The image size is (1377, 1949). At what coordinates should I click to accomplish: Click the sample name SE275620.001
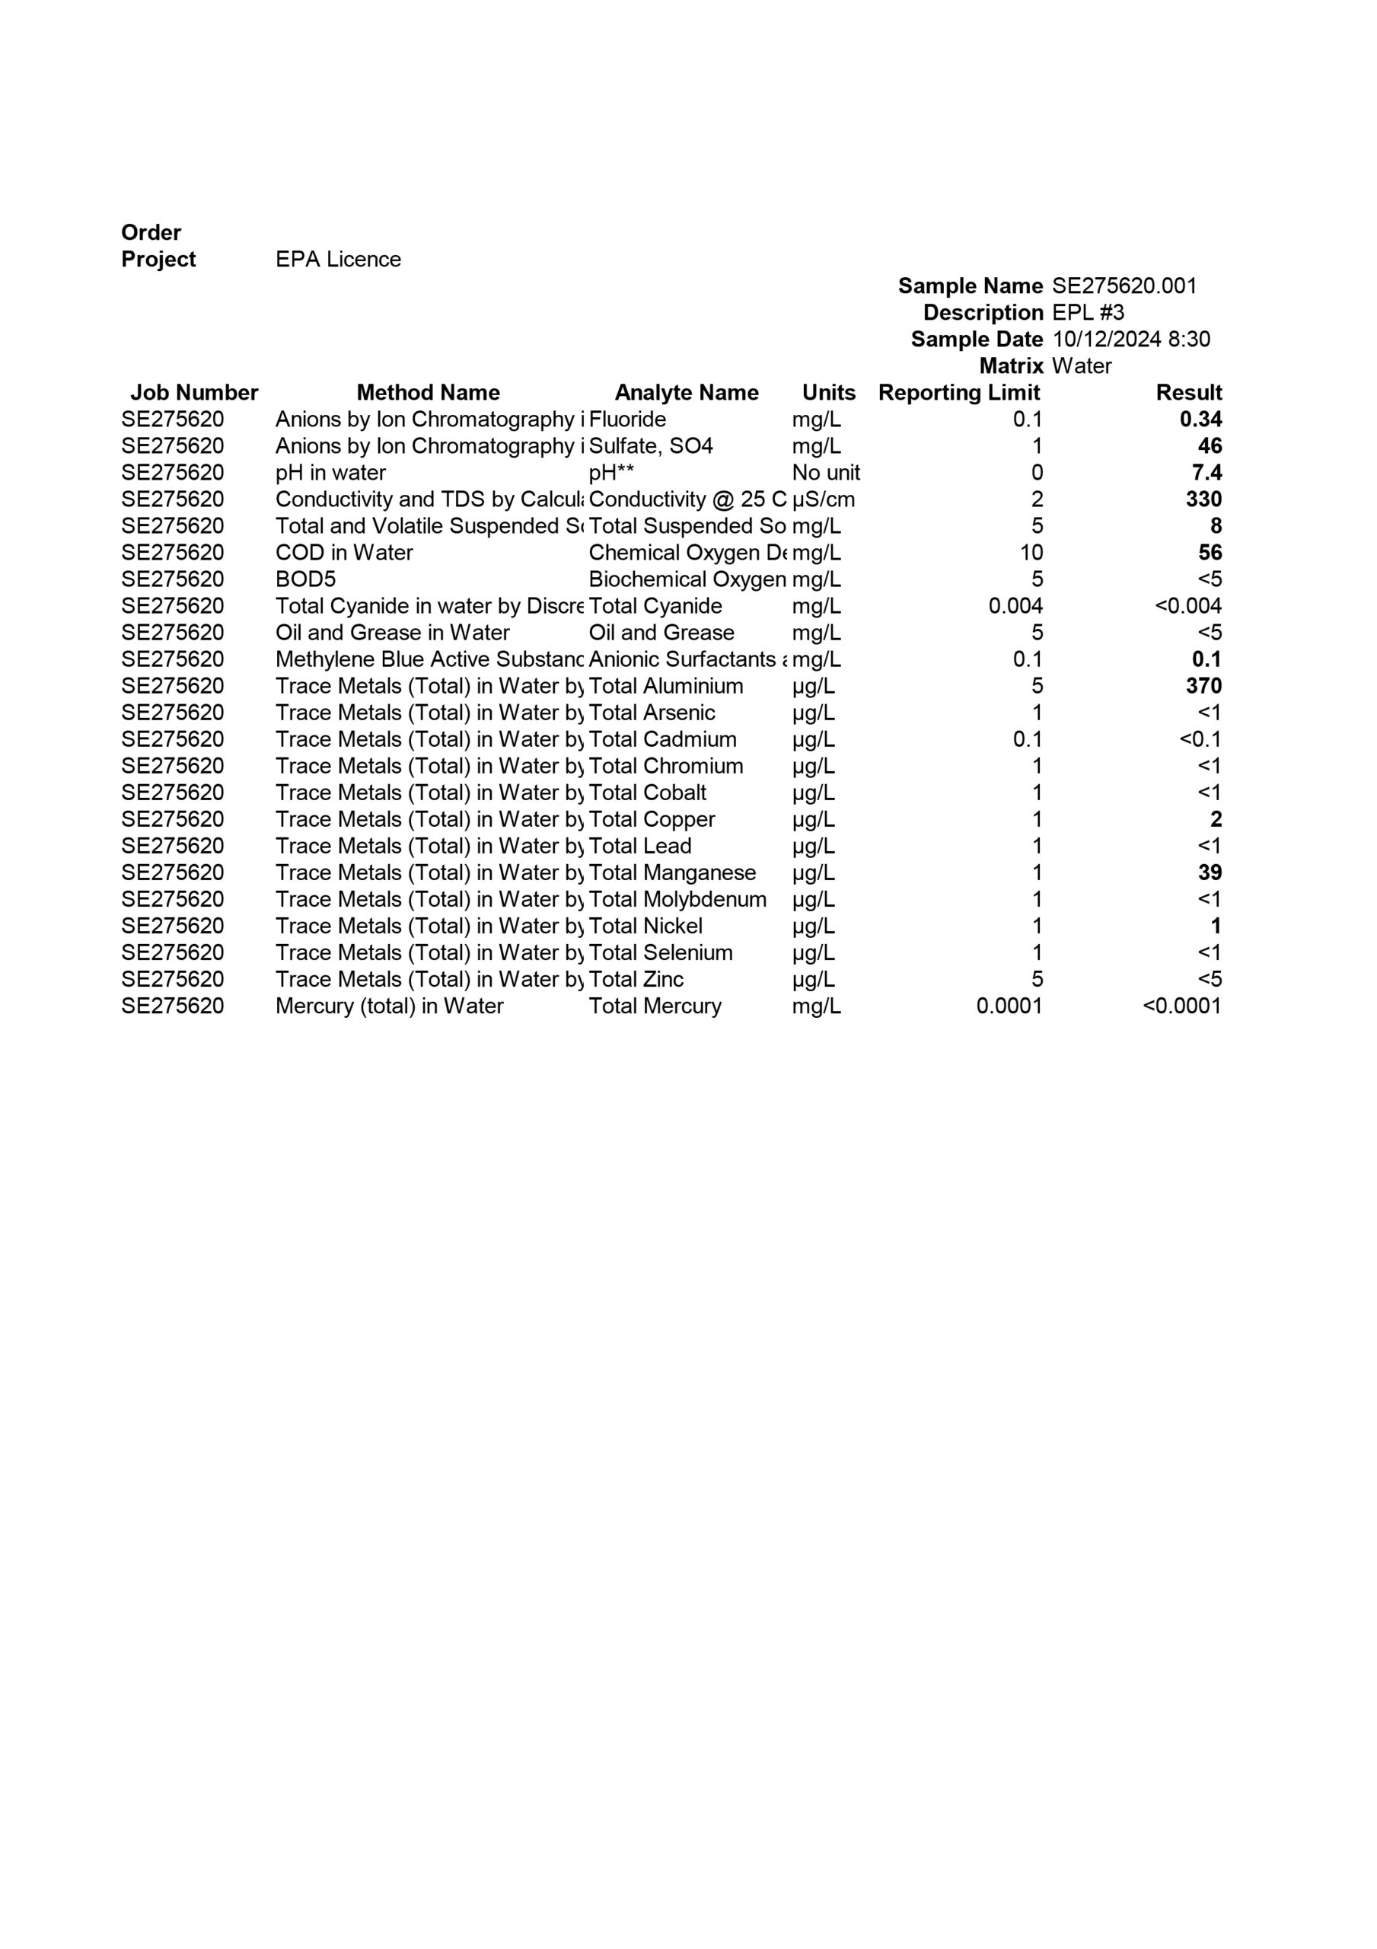click(1124, 286)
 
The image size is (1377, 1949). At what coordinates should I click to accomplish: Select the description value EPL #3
click(1088, 312)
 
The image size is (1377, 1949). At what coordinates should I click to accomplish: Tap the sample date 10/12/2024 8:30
click(1131, 340)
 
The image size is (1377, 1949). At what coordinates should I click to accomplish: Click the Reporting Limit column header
click(958, 393)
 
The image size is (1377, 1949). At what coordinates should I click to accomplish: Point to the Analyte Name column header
click(686, 393)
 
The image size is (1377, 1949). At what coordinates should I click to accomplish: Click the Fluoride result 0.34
click(1200, 419)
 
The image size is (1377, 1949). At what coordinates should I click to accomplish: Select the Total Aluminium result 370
click(1203, 686)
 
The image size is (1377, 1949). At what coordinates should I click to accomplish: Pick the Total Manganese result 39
click(1209, 872)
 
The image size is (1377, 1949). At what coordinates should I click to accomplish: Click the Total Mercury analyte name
click(655, 1006)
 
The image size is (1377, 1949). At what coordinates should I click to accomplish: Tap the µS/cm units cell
click(823, 499)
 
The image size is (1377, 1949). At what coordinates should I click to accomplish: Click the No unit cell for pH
click(825, 473)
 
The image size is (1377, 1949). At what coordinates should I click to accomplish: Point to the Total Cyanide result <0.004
click(1187, 606)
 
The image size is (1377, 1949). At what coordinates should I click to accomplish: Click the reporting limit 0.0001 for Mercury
click(1009, 1006)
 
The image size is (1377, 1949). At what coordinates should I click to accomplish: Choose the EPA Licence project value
click(338, 260)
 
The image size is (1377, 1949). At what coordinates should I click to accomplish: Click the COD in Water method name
click(344, 553)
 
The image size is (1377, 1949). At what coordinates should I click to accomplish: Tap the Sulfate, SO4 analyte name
click(650, 445)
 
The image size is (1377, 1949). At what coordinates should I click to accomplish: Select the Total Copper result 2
click(1216, 819)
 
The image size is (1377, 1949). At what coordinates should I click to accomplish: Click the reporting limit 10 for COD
click(1031, 553)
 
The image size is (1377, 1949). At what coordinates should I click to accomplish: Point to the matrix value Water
click(1081, 366)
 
